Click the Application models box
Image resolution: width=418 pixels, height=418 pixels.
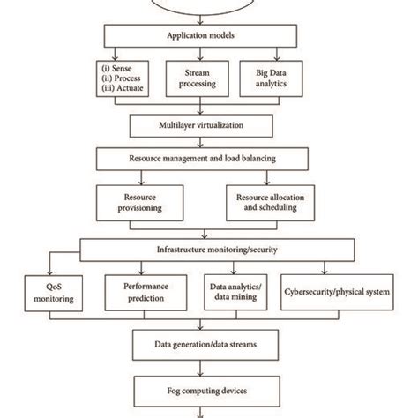pyautogui.click(x=210, y=35)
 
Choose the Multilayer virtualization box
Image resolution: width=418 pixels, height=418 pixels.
pyautogui.click(x=210, y=125)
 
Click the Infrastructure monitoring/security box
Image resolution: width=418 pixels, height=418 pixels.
pyautogui.click(x=210, y=250)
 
